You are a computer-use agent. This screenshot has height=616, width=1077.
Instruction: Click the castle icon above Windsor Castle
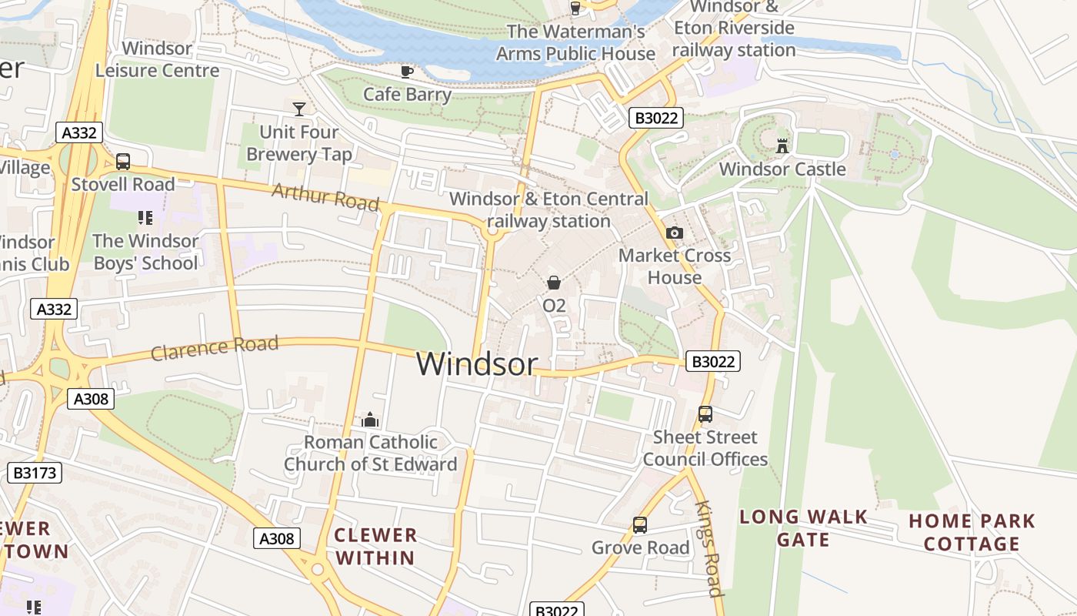(782, 146)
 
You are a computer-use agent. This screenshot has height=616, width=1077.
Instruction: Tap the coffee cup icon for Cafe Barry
(407, 72)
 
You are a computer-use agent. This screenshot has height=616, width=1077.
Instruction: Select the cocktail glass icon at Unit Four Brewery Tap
(299, 109)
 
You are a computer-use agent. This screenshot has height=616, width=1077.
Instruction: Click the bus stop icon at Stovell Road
(123, 162)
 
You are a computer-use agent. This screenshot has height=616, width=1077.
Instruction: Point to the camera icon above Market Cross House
(674, 233)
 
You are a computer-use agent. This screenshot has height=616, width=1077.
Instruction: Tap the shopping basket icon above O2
(553, 283)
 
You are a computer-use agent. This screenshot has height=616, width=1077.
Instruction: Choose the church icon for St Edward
(370, 420)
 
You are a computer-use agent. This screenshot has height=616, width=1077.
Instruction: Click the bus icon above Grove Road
(639, 525)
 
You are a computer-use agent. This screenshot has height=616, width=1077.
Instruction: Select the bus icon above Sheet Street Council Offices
(705, 414)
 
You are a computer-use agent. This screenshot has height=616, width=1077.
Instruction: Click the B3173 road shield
(35, 472)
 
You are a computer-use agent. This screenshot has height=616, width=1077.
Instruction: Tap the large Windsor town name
(476, 364)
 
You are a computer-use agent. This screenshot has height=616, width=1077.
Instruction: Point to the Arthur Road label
(325, 197)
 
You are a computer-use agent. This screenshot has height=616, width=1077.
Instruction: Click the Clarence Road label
(215, 348)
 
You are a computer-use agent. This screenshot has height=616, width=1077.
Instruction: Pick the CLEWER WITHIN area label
(375, 546)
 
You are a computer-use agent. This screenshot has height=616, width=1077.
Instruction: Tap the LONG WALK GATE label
(803, 528)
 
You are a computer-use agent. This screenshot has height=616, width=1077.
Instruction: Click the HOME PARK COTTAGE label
(972, 532)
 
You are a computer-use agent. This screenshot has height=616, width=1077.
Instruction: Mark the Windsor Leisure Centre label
(157, 59)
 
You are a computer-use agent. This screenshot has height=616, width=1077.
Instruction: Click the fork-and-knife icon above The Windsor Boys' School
(145, 218)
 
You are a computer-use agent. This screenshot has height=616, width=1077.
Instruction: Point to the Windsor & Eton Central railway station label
(549, 210)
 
